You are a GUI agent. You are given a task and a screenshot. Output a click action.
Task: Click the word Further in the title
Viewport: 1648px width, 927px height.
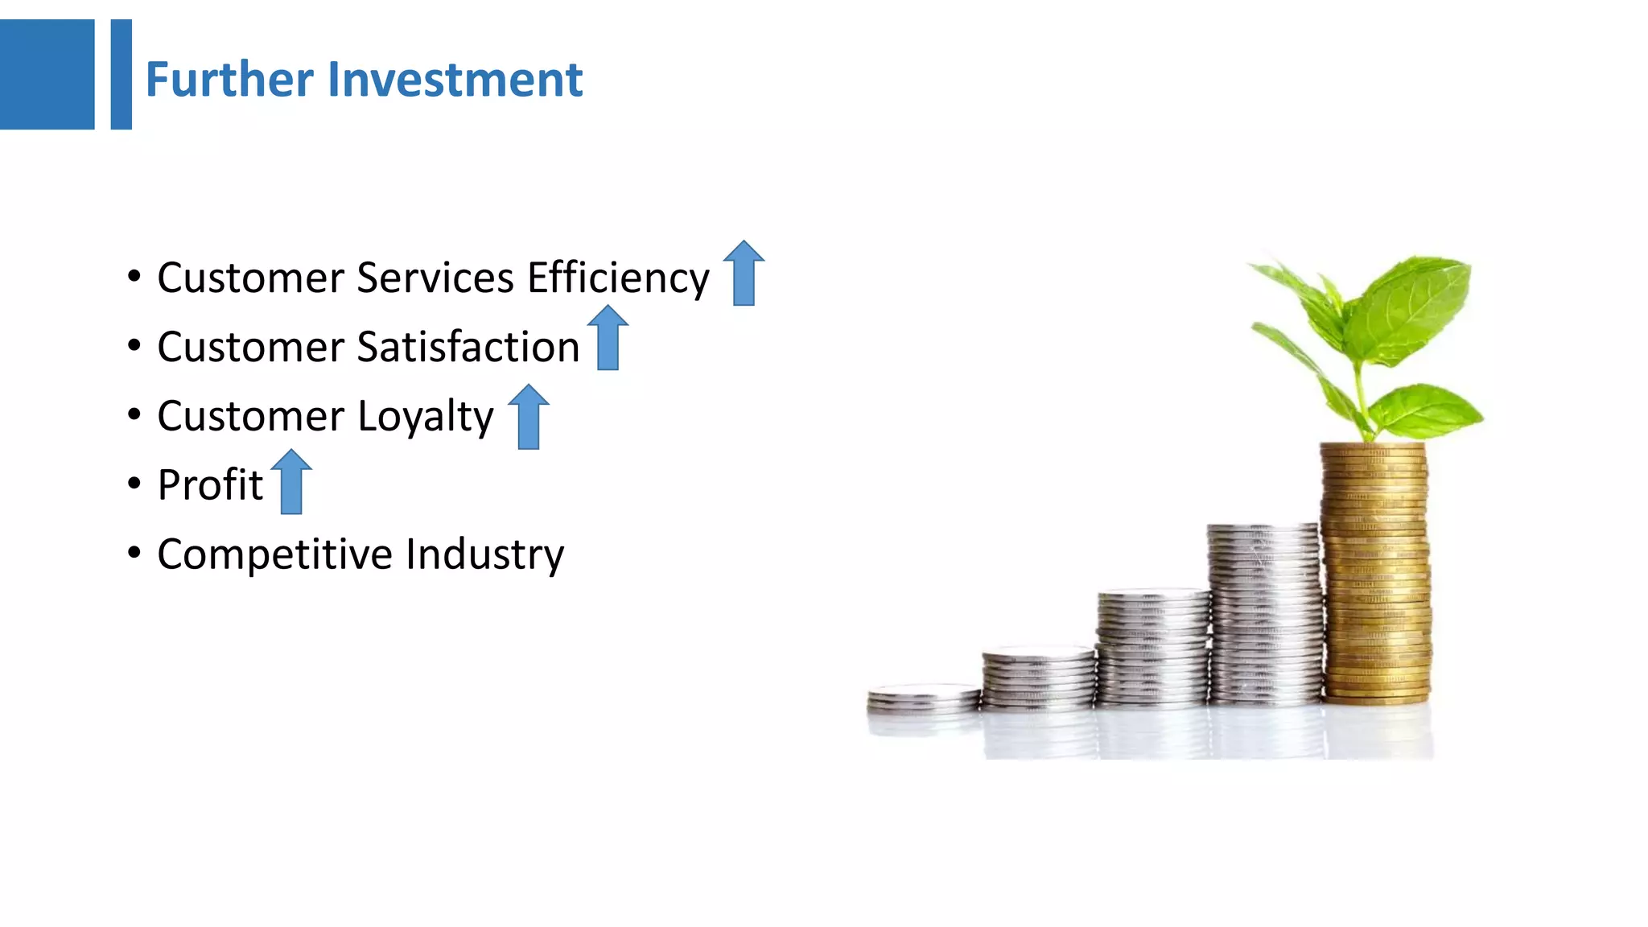click(x=229, y=80)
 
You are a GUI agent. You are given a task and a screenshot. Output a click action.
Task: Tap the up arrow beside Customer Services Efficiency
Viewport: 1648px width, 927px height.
click(x=744, y=274)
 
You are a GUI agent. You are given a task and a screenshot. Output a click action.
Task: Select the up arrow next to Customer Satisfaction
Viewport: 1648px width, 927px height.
click(x=608, y=338)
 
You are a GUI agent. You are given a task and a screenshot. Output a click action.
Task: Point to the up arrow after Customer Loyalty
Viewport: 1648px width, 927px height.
click(x=529, y=417)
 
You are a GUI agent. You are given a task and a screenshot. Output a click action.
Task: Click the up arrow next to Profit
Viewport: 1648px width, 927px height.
click(x=291, y=482)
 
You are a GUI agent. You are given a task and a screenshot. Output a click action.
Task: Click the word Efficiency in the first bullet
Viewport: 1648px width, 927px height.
click(x=618, y=278)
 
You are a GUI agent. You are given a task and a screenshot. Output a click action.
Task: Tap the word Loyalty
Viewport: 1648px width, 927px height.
click(x=425, y=417)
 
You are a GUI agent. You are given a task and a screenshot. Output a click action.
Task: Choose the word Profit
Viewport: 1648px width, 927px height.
click(x=210, y=484)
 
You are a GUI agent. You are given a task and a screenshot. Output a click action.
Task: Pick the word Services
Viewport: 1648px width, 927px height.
click(x=435, y=278)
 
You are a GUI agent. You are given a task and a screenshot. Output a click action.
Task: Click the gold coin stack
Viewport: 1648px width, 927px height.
click(x=1375, y=571)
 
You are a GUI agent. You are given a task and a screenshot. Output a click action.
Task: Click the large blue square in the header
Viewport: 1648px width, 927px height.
click(x=47, y=74)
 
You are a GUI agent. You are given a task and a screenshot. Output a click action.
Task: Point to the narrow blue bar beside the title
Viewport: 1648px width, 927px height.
click(x=121, y=74)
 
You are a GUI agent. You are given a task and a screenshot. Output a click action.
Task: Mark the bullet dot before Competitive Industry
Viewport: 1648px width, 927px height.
click(x=134, y=553)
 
